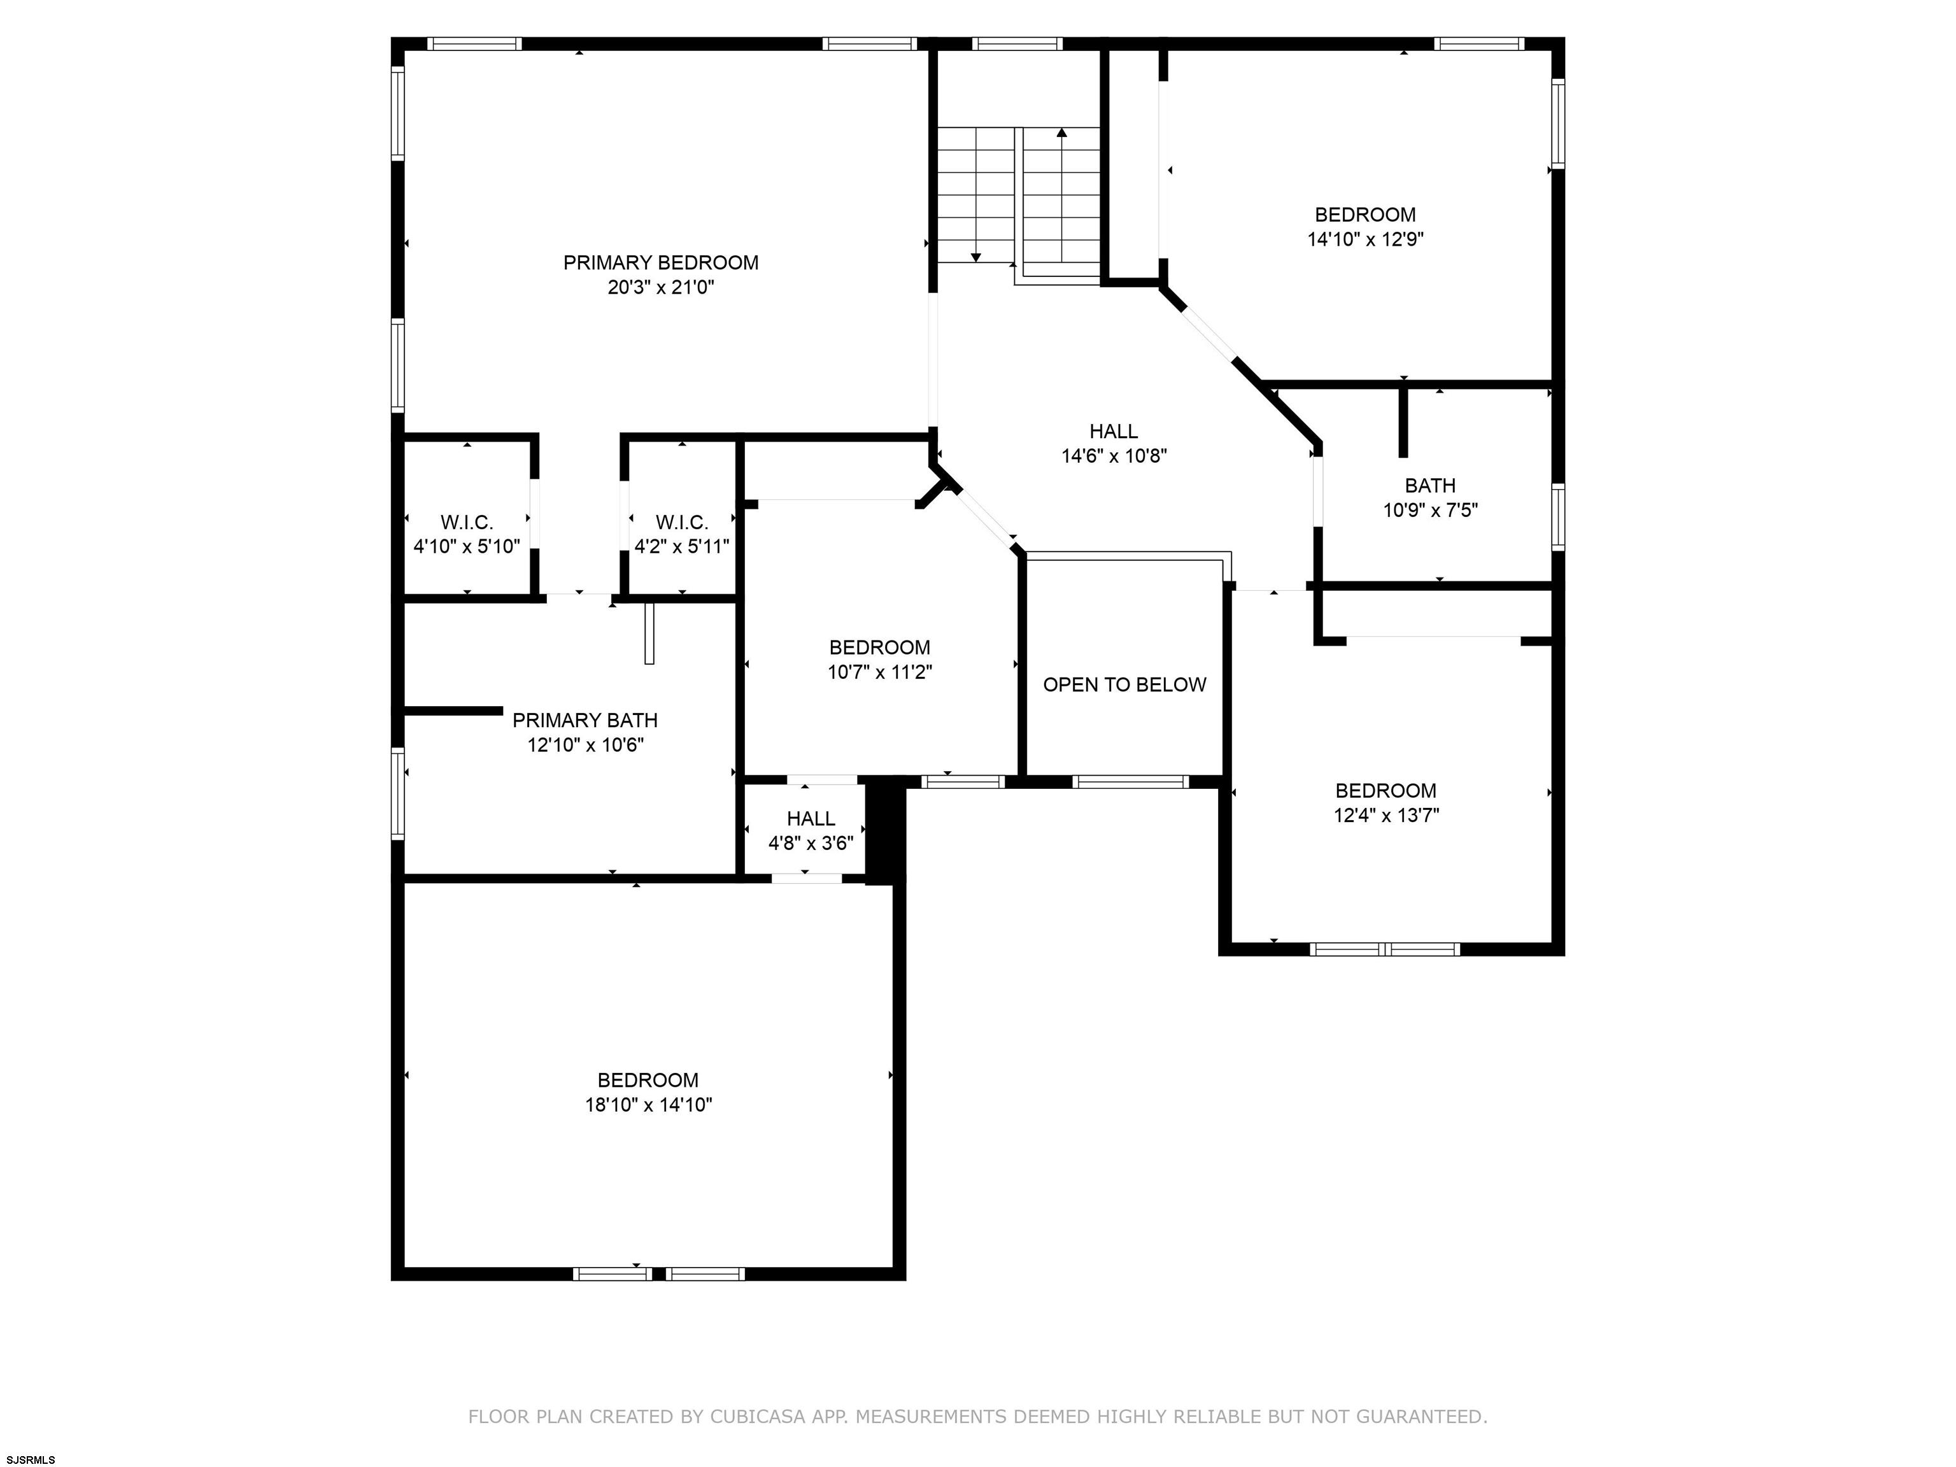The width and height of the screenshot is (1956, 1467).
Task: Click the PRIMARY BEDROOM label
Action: [660, 262]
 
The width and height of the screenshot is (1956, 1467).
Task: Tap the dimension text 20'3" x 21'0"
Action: [660, 287]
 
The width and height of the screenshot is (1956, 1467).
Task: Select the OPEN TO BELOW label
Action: [1124, 684]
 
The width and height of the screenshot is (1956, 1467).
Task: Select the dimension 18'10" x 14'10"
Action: [648, 1105]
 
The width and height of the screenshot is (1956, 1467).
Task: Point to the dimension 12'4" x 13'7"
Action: [1385, 815]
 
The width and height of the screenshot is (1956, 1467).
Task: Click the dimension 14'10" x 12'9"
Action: [1365, 239]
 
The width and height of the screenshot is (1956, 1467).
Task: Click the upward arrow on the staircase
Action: [1061, 195]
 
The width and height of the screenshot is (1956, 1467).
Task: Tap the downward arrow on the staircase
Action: [975, 195]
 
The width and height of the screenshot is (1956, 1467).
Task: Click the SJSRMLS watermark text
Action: [31, 1460]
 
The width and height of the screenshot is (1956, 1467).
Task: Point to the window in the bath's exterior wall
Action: [1558, 517]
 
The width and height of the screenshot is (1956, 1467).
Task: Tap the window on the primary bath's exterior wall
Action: [398, 793]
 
